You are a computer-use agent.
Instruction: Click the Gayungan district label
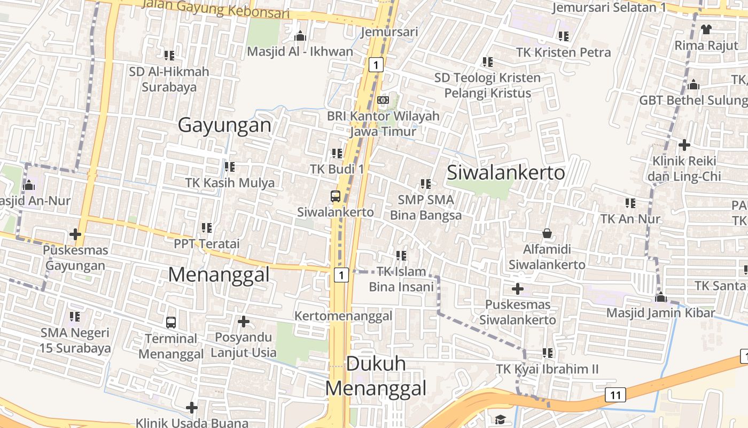[x=224, y=125]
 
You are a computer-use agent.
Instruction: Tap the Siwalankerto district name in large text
[x=505, y=173]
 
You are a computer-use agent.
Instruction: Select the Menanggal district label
[x=219, y=274]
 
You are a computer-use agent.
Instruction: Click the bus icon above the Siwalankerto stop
[x=336, y=196]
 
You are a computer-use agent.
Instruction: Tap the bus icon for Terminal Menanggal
[x=171, y=323]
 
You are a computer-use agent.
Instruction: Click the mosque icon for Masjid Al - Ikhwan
[x=300, y=36]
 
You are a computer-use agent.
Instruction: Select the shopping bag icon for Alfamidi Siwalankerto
[x=547, y=233]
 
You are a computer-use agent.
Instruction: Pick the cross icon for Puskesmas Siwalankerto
[x=517, y=289]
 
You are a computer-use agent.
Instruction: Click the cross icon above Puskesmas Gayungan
[x=75, y=234]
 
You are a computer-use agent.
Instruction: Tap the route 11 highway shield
[x=615, y=395]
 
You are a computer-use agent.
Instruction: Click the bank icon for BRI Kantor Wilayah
[x=383, y=100]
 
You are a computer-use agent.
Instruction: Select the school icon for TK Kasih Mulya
[x=230, y=167]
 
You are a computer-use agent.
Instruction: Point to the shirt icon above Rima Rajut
[x=706, y=29]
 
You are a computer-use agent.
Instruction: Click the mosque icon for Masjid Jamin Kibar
[x=661, y=297]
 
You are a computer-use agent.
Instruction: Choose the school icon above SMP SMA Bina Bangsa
[x=426, y=184]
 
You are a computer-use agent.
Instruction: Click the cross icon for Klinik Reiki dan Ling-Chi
[x=684, y=145]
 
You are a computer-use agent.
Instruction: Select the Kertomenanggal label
[x=344, y=316]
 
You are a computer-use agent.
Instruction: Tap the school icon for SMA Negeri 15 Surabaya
[x=75, y=317]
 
